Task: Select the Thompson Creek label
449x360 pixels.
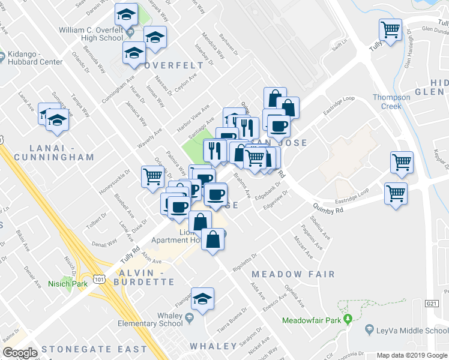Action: point(391,101)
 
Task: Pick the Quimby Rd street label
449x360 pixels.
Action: point(327,209)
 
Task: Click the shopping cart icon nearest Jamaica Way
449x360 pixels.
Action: point(152,176)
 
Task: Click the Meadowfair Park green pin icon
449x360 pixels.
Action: point(347,319)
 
